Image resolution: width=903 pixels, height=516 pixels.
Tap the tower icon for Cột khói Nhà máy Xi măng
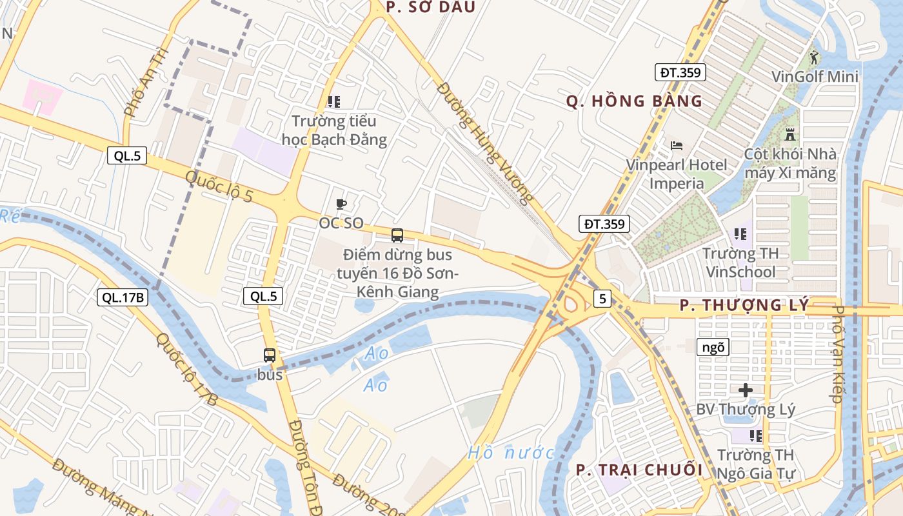pos(790,135)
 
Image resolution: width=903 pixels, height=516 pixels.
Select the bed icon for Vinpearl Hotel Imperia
pos(677,145)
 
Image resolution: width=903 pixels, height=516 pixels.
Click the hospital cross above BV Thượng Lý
pos(746,390)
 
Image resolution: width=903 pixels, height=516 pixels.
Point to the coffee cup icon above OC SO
pos(341,204)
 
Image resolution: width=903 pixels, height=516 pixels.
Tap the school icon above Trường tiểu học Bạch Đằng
pos(333,101)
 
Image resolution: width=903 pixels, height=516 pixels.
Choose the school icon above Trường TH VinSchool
pos(739,233)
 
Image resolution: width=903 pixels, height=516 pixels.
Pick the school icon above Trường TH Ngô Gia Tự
pos(755,436)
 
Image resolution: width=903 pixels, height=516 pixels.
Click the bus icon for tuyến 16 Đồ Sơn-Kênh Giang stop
pos(397,235)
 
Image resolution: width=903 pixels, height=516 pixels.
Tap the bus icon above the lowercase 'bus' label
pos(270,355)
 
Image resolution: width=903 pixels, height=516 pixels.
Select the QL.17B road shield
pos(123,297)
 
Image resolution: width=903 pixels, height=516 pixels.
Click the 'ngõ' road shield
pos(713,347)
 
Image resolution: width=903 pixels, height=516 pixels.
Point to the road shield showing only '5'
pos(602,298)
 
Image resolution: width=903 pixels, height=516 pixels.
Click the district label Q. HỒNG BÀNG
pos(634,101)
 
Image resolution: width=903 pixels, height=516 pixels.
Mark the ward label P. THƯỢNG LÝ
pos(744,306)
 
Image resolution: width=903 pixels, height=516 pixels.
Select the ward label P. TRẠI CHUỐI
pos(639,470)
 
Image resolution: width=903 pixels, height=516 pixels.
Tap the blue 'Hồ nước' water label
pos(511,453)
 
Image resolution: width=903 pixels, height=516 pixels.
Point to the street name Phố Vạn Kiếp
pos(837,354)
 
